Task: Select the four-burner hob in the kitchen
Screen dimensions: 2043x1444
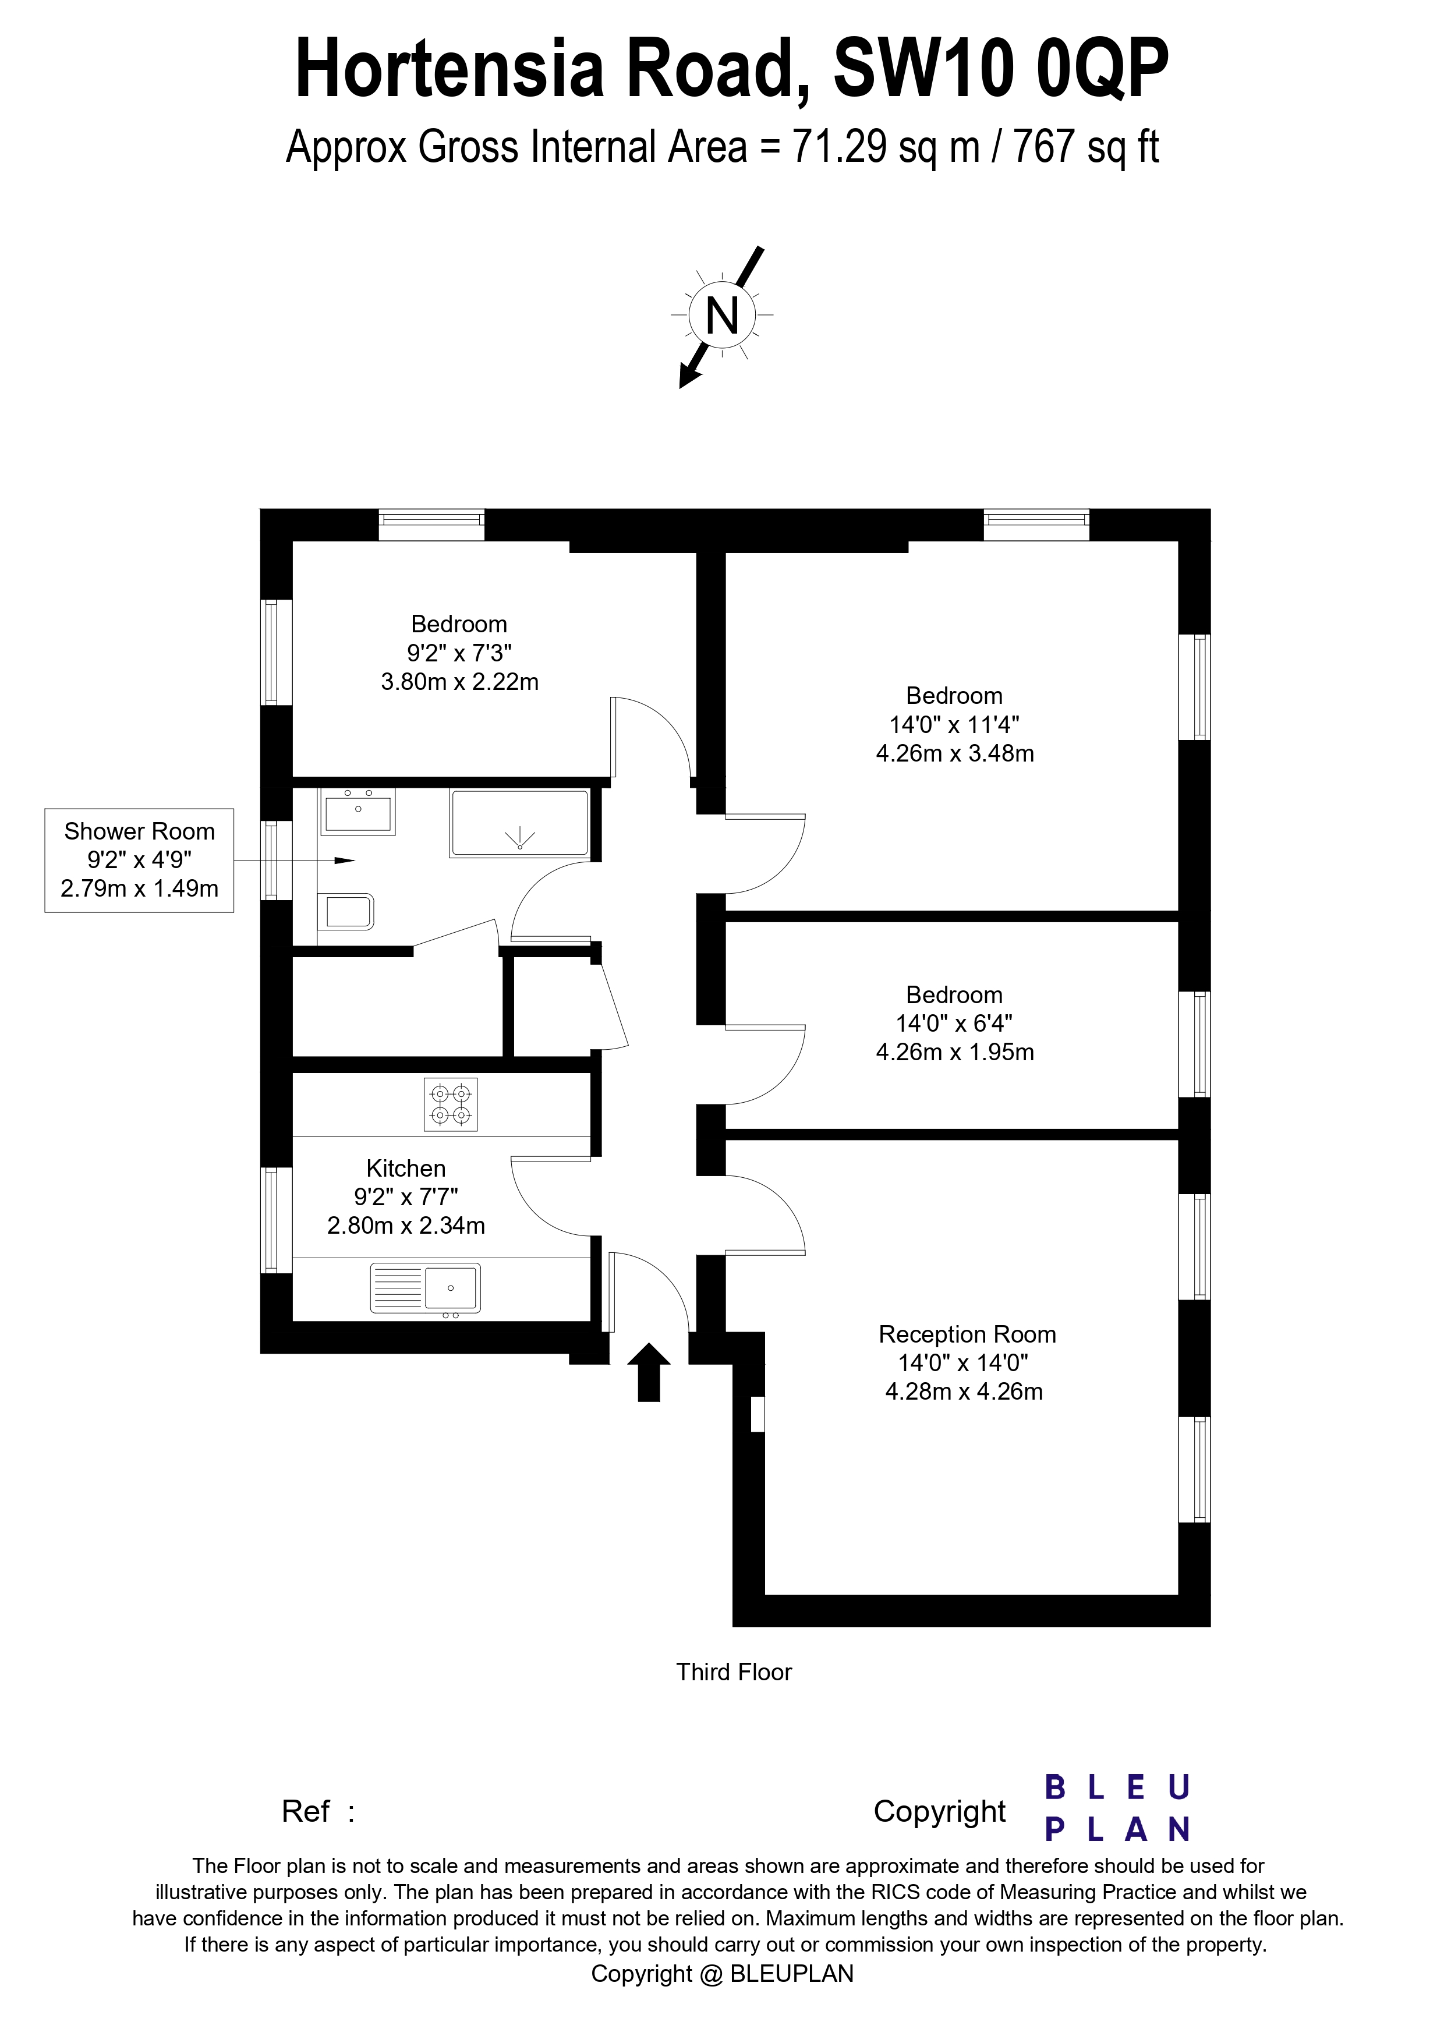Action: tap(450, 1104)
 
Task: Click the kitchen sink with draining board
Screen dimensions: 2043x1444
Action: tap(425, 1287)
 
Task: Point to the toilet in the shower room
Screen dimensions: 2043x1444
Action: tap(347, 912)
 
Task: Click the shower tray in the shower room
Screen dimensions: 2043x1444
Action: tap(519, 823)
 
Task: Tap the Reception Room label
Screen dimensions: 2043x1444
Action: tap(967, 1334)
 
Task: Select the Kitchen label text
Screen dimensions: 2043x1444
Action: tap(406, 1169)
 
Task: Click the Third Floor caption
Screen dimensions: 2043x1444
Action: tap(733, 1672)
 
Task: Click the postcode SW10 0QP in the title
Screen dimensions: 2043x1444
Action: tap(1001, 69)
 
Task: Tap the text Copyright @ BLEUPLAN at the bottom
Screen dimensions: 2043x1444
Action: tap(721, 1974)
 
